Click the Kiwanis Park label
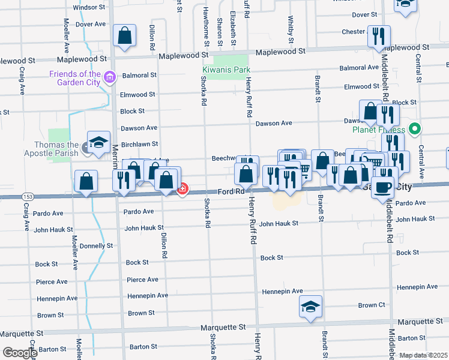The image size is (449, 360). [x=226, y=70]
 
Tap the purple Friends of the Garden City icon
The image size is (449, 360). [x=109, y=77]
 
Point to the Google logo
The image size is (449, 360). [x=19, y=353]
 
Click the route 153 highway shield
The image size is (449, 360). [x=28, y=196]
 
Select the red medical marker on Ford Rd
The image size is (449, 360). [x=182, y=190]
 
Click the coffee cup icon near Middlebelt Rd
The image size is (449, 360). [x=383, y=187]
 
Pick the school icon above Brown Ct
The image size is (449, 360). [x=311, y=306]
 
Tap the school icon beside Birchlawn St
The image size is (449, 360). [x=98, y=142]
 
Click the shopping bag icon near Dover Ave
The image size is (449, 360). [x=124, y=35]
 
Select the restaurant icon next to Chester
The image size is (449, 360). [x=379, y=36]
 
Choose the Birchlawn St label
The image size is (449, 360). [x=139, y=144]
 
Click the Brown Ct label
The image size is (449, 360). [x=372, y=305]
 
